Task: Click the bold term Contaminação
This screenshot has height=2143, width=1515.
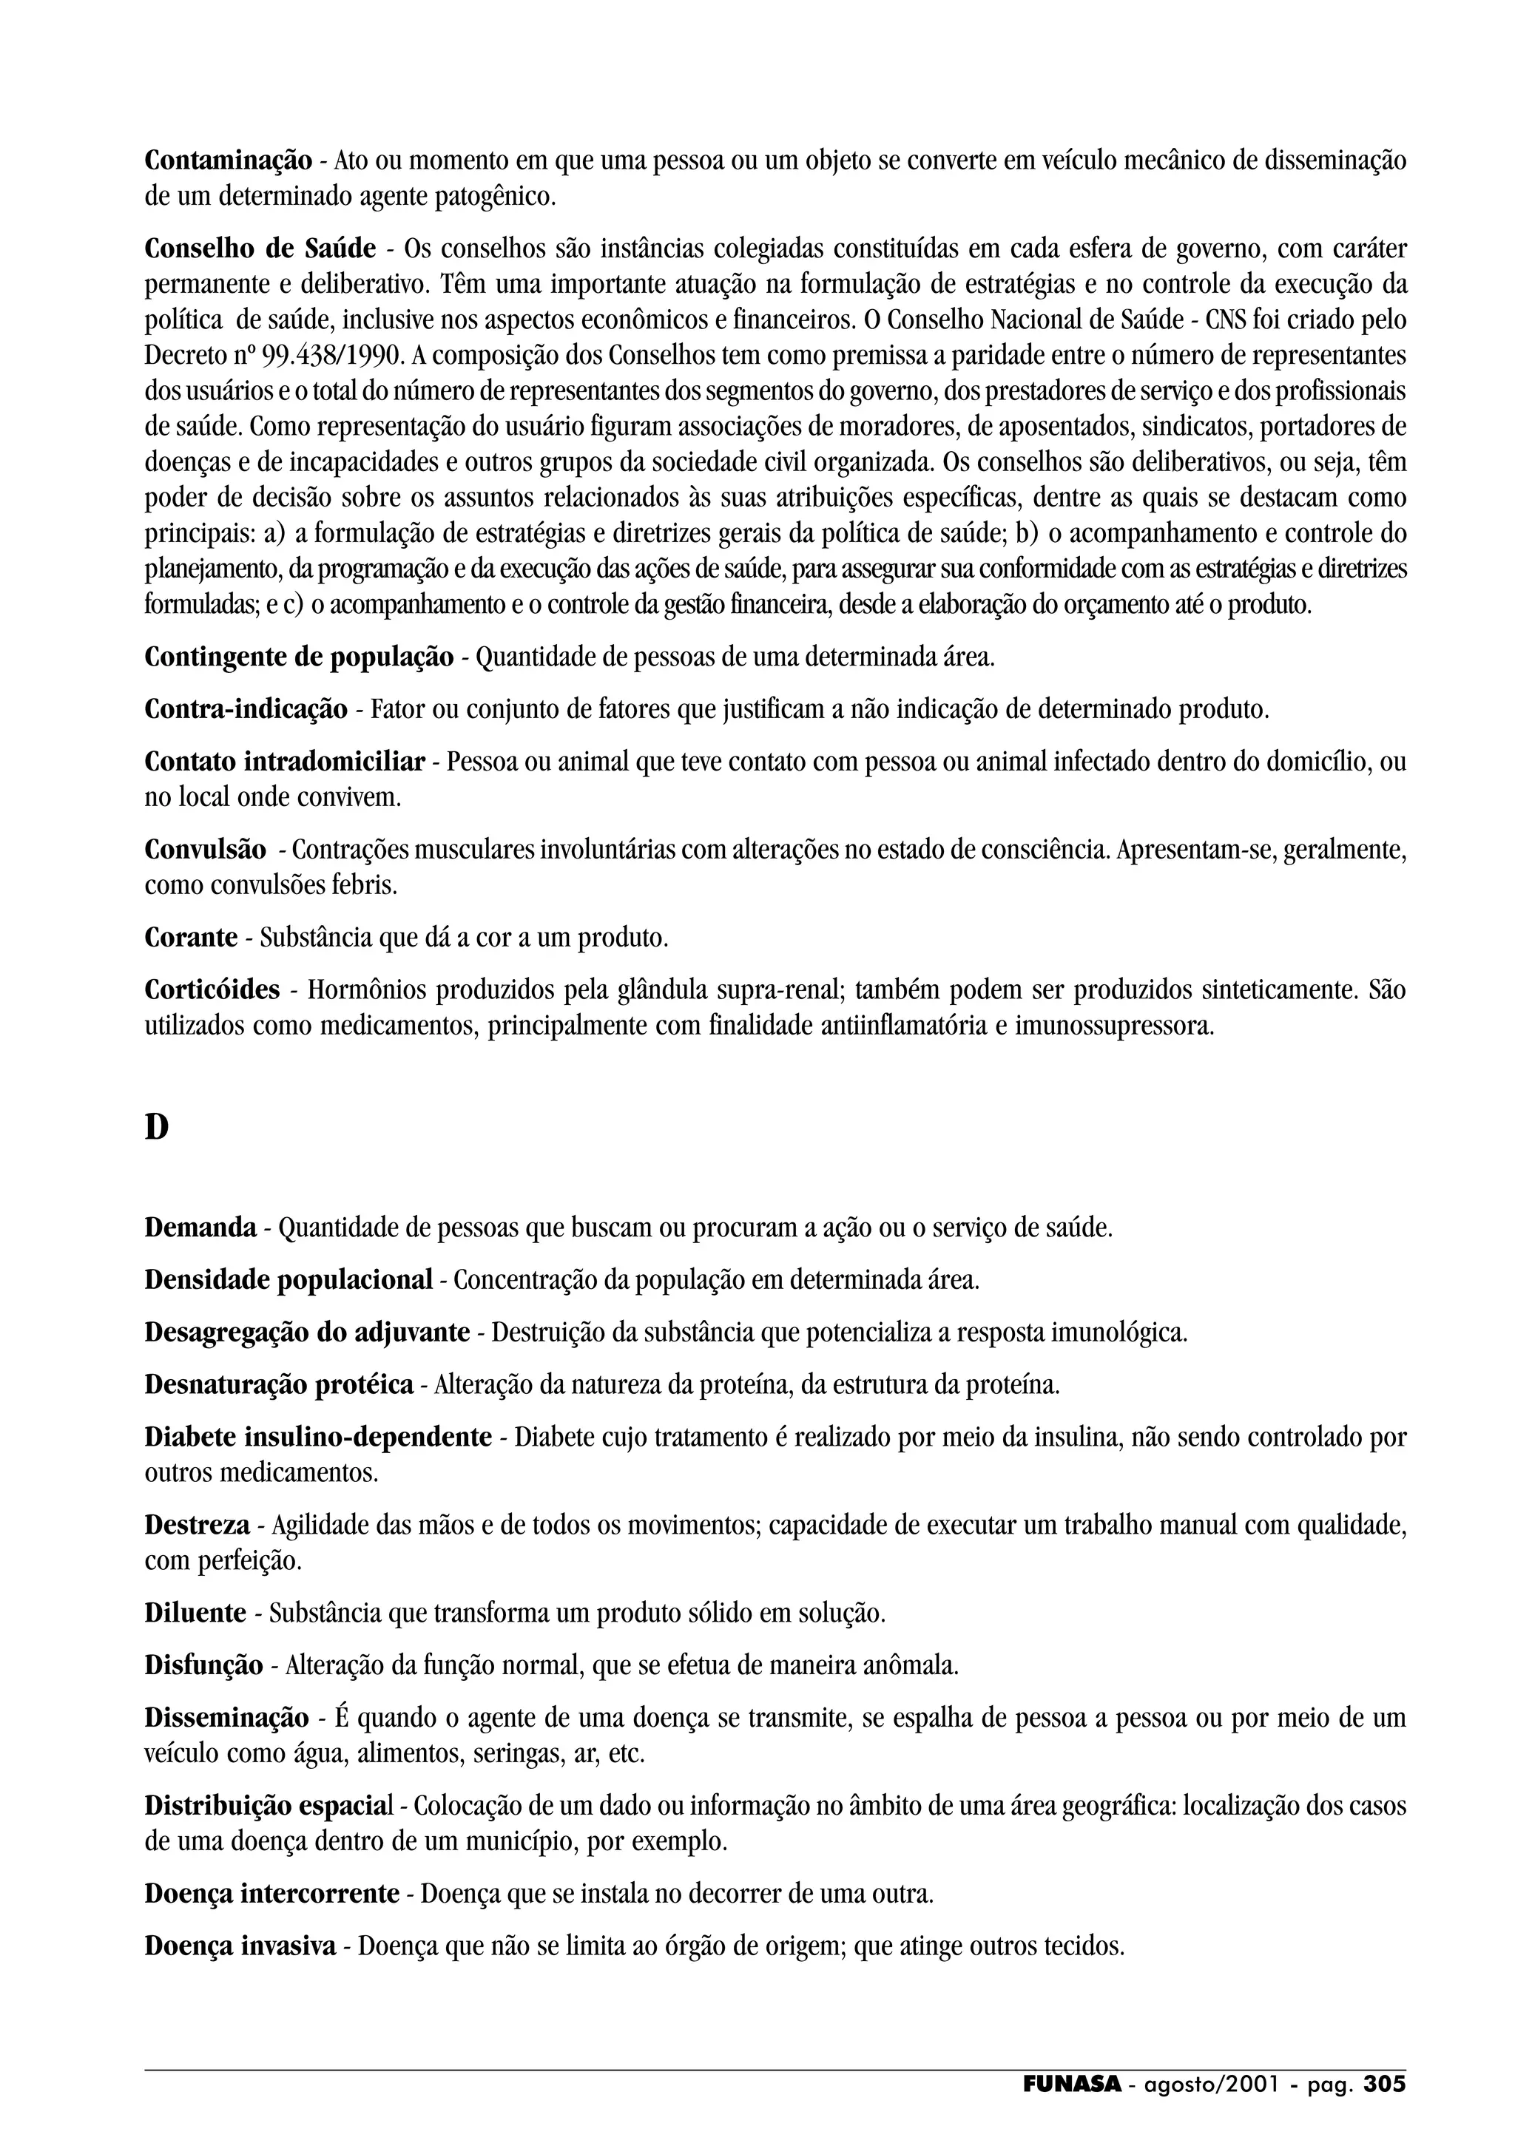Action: [229, 160]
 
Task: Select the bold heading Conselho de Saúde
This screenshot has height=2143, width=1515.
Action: [260, 249]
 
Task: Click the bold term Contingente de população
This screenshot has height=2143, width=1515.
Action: [299, 657]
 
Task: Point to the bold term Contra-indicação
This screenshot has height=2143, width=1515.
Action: [246, 709]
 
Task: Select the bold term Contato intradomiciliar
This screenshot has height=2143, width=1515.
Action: [285, 762]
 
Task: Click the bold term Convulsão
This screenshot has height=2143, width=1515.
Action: [206, 850]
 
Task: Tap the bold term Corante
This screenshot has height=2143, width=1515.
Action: [192, 937]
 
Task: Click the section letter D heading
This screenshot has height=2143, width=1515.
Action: [157, 1128]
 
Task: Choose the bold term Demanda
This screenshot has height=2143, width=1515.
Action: [200, 1228]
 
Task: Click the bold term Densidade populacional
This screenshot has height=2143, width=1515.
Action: [289, 1279]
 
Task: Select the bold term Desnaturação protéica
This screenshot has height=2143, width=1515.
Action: [279, 1384]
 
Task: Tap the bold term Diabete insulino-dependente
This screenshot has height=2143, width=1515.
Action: [318, 1437]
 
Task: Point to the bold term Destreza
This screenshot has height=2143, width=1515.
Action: [197, 1525]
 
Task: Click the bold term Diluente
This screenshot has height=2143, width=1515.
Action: [195, 1613]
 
